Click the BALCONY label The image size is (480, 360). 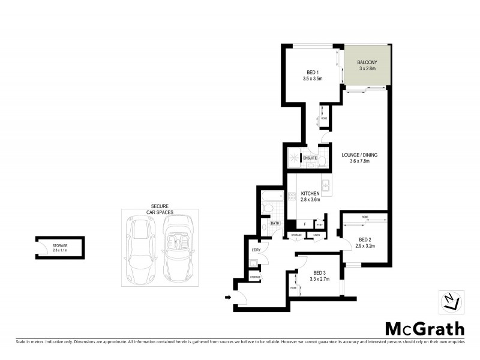click(x=366, y=62)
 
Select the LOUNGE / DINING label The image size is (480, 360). click(x=359, y=155)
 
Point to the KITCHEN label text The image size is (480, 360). click(x=310, y=193)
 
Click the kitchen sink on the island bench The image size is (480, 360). click(x=326, y=187)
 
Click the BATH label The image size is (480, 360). click(x=275, y=223)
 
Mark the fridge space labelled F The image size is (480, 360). click(x=305, y=223)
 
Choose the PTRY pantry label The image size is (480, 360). click(x=320, y=225)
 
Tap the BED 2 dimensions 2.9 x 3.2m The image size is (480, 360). click(x=365, y=246)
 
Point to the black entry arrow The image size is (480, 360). click(x=229, y=296)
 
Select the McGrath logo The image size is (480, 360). click(x=424, y=328)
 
